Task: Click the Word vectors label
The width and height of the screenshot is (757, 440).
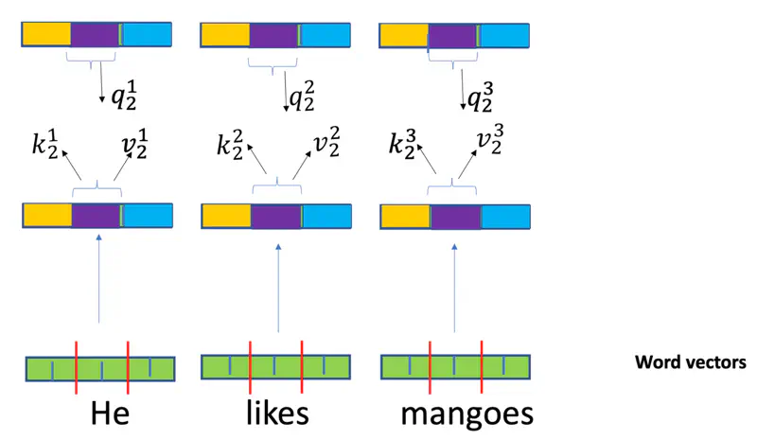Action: coord(691,362)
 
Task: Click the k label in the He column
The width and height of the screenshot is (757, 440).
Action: coord(48,148)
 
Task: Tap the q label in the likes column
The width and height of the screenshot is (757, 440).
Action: coord(303,97)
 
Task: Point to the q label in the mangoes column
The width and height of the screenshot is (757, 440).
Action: coord(480,97)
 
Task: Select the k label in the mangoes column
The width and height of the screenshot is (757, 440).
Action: coord(405,148)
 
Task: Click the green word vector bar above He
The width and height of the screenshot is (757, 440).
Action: coord(100,367)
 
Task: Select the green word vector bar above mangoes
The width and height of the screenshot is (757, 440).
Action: coord(455,367)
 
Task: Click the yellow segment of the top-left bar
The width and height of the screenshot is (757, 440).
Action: coord(47,36)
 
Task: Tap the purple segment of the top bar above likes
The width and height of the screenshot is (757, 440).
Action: coord(274,36)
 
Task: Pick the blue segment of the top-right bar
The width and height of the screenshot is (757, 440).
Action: coord(504,36)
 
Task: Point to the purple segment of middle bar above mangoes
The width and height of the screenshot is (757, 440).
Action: coord(456,217)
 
